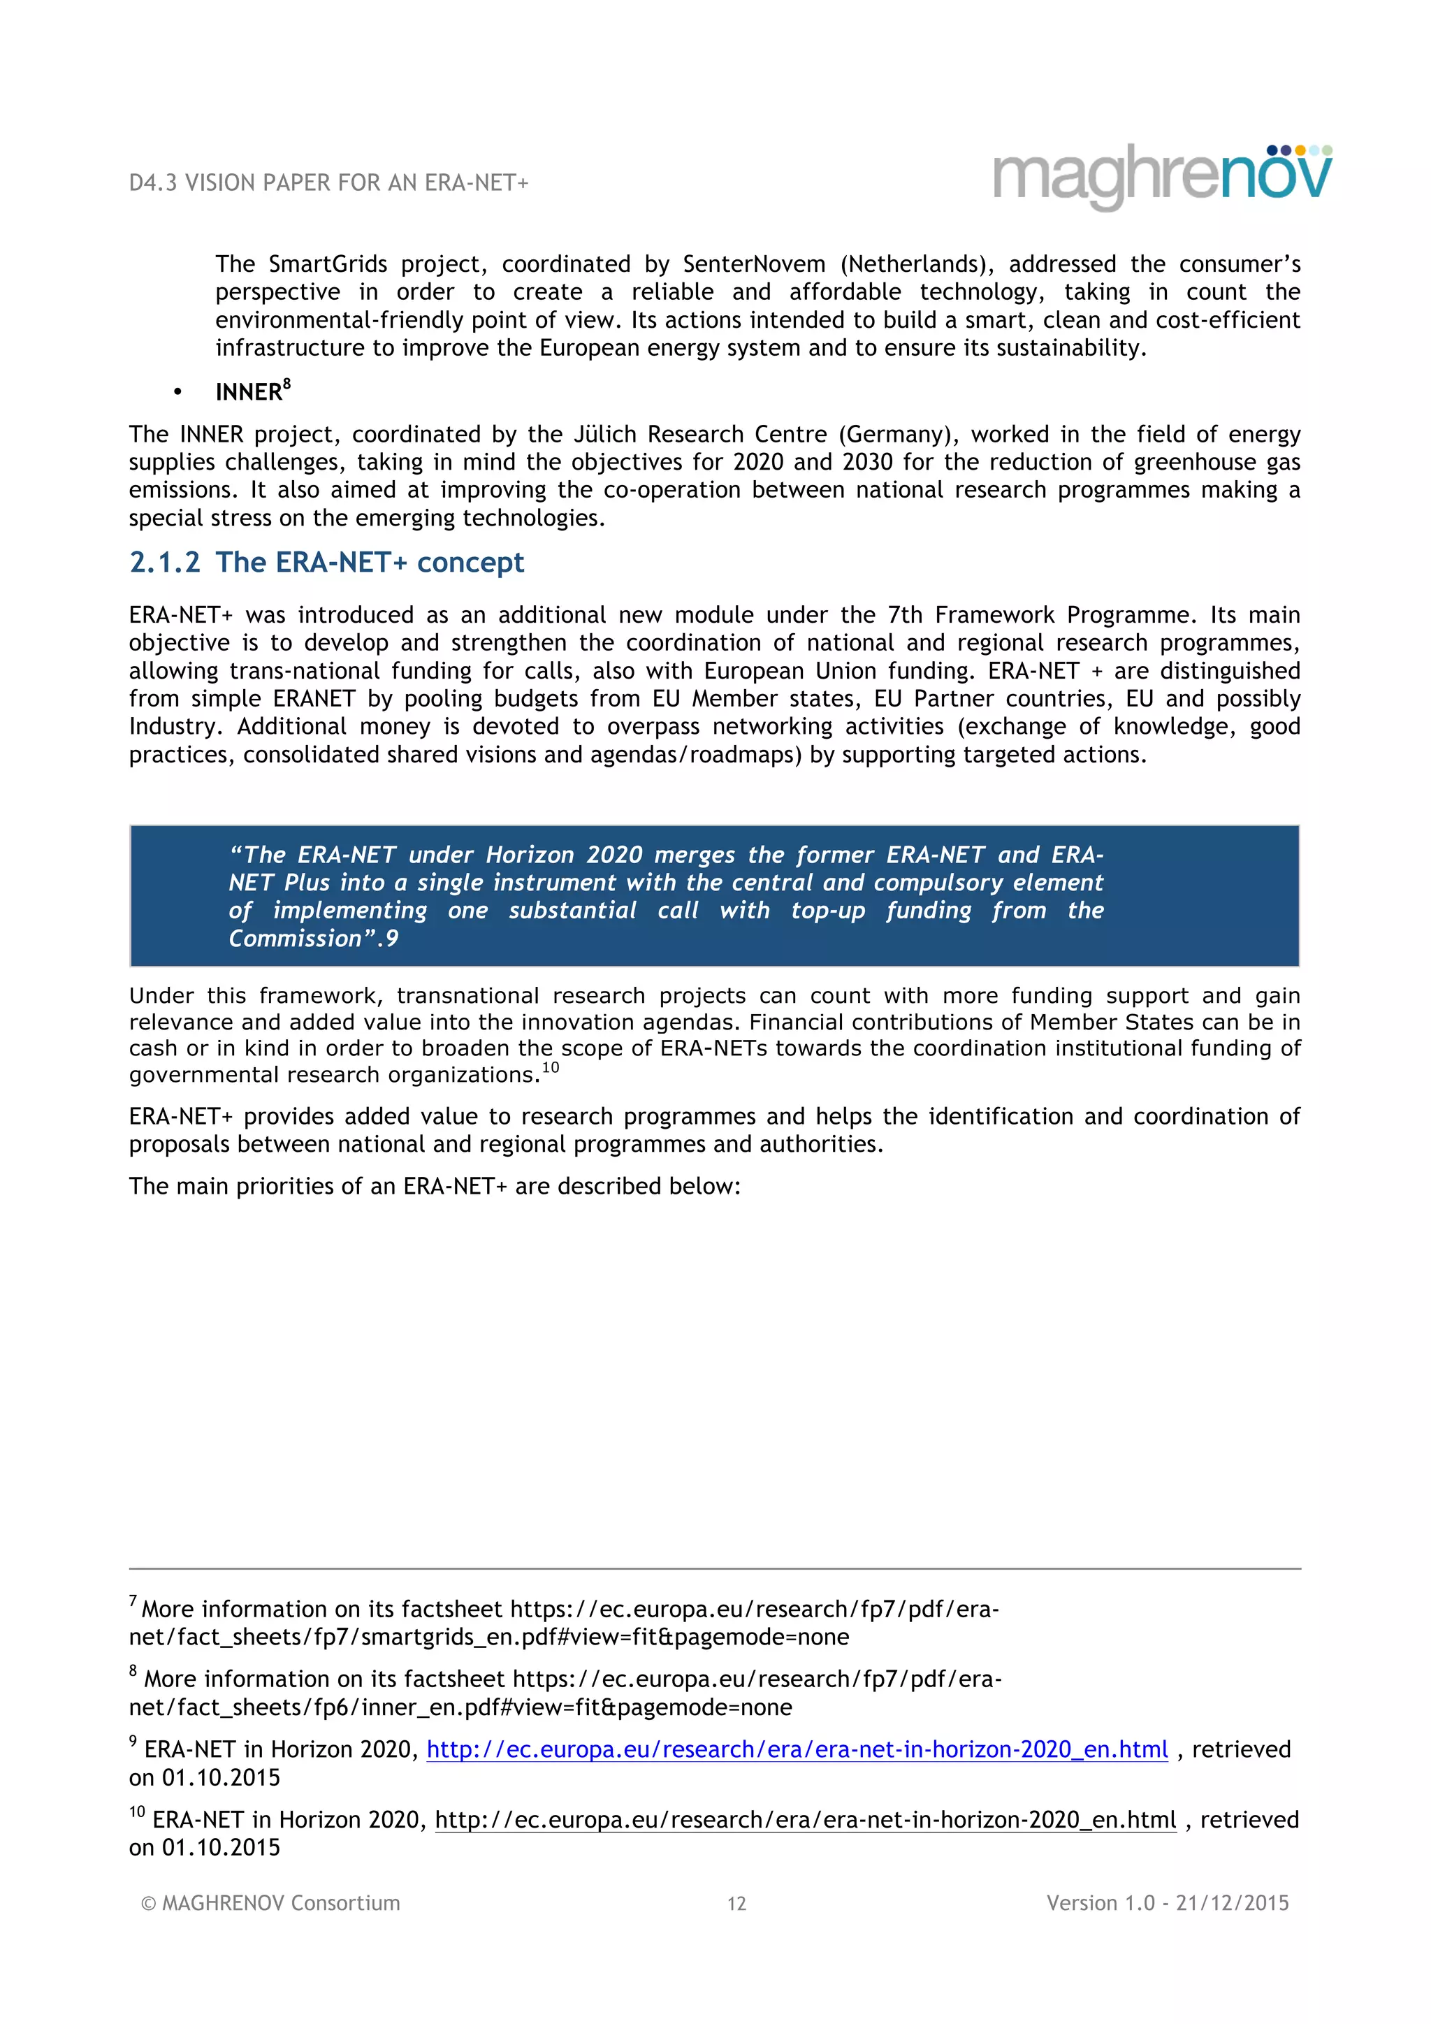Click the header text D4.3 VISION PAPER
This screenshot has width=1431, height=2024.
point(328,183)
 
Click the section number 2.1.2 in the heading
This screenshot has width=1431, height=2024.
point(165,563)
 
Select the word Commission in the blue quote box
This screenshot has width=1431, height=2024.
point(294,939)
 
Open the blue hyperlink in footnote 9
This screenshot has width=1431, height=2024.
point(797,1749)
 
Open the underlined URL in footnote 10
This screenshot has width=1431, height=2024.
point(806,1819)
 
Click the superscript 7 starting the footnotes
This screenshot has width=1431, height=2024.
point(133,1601)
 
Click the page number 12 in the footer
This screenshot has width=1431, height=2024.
point(736,1903)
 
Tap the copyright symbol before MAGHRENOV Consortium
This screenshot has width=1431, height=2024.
point(148,1903)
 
